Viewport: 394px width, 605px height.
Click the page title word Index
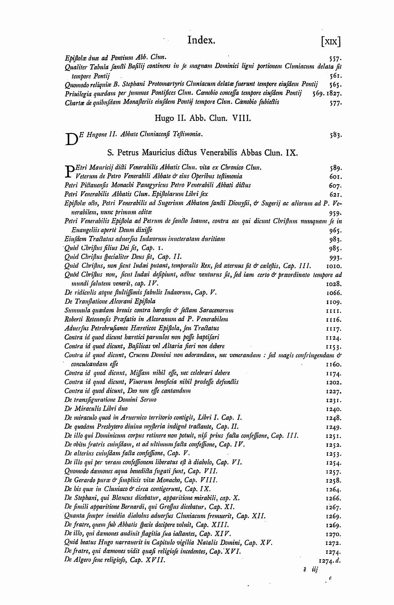[201, 40]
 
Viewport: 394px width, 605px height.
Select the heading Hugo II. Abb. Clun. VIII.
[202, 118]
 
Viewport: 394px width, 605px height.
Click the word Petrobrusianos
[110, 328]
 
